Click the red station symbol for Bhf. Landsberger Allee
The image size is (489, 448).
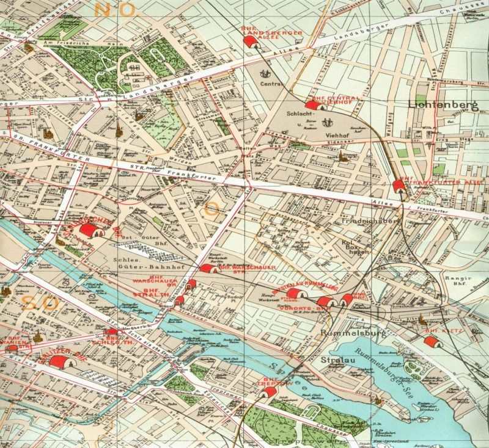250,42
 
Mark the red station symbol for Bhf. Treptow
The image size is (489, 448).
266,391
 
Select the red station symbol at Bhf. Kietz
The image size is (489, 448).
431,341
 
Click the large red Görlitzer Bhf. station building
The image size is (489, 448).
60,363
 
